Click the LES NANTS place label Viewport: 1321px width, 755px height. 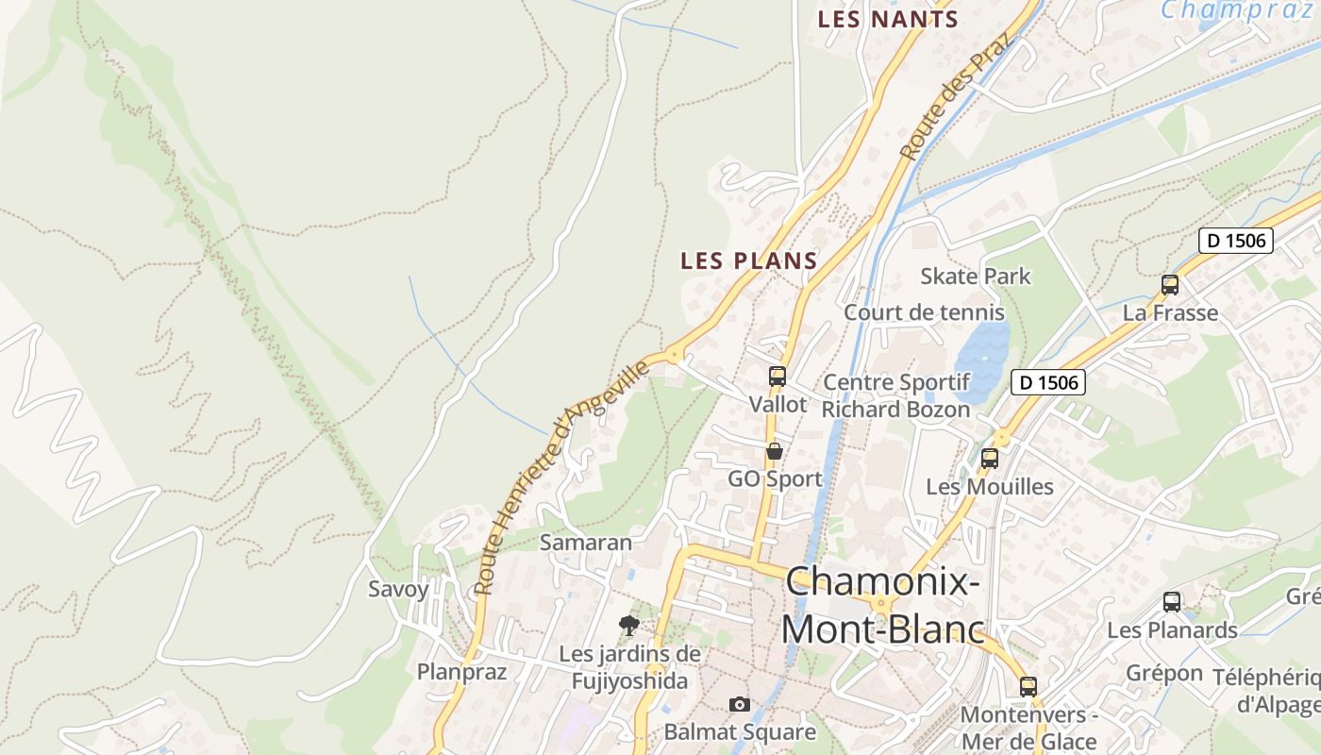point(887,19)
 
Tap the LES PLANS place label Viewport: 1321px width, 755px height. point(748,260)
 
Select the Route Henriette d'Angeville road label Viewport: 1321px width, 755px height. point(562,476)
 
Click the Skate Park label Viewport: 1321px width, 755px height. point(976,277)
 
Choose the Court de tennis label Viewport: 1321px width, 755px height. point(924,312)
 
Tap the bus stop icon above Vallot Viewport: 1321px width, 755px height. point(778,377)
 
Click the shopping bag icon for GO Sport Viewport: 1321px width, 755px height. point(775,451)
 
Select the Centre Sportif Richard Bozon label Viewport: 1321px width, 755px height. point(895,395)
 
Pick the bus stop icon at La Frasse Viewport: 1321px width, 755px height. point(1170,284)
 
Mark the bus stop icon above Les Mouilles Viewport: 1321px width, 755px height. point(990,459)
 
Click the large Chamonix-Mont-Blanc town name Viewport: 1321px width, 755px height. point(881,604)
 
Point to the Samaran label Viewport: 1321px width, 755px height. point(585,543)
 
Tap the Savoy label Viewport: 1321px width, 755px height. point(398,590)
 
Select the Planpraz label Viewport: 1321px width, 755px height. point(462,672)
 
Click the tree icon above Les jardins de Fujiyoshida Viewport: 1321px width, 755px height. point(628,625)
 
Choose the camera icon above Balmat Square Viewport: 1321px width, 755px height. point(740,704)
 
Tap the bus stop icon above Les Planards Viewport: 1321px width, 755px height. point(1172,601)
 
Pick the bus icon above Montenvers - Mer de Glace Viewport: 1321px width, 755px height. point(1028,686)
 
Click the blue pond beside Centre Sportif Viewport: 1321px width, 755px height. point(981,359)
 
